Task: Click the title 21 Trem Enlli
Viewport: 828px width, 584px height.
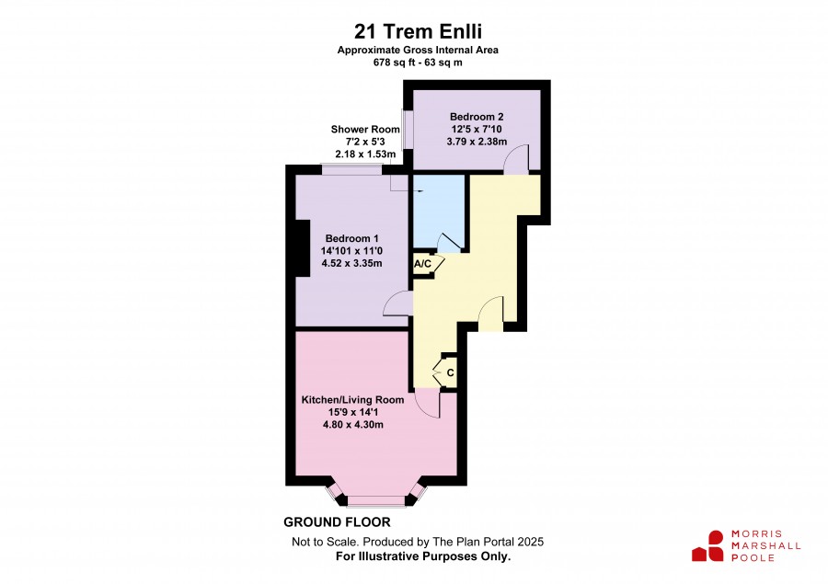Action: pos(418,31)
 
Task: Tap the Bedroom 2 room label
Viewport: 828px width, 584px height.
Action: pos(477,117)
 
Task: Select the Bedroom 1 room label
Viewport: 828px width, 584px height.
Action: pos(351,239)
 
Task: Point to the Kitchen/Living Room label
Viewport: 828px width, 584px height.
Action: pos(352,400)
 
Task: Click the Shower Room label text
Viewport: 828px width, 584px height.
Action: pos(365,130)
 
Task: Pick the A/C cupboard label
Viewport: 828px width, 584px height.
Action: pos(422,263)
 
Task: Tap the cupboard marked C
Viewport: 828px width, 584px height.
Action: pos(450,372)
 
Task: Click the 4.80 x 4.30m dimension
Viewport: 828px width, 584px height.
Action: pos(352,425)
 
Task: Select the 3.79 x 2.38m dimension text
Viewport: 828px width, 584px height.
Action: pos(477,142)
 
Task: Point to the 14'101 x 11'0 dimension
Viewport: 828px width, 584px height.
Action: pos(351,251)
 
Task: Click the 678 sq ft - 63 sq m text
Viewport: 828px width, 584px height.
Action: pos(418,63)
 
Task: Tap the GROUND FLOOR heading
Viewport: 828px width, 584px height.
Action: pos(337,522)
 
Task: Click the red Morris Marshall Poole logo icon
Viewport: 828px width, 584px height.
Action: pos(707,546)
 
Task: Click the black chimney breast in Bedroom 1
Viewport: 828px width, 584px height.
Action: pos(303,247)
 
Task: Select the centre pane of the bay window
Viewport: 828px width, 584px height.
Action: pos(376,500)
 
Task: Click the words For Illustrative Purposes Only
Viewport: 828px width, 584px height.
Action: pos(423,556)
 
